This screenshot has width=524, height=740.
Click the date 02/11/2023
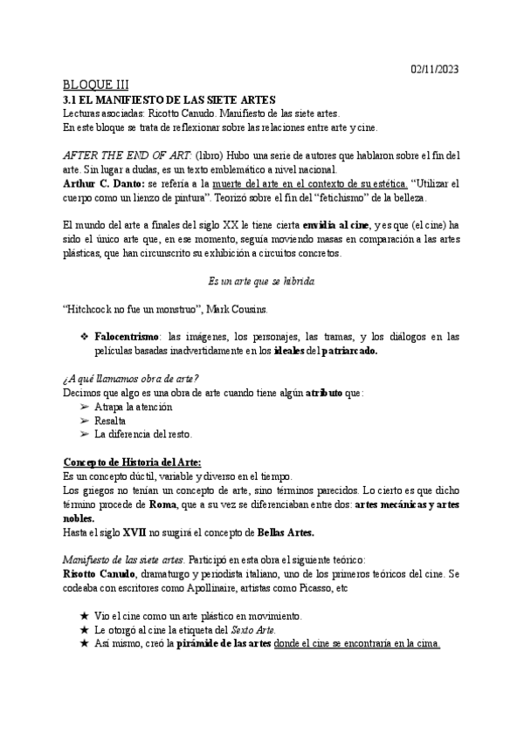click(x=434, y=70)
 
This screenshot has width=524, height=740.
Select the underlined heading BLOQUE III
click(x=96, y=86)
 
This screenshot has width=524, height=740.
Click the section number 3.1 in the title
click(x=72, y=99)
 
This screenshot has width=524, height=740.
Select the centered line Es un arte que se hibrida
click(x=261, y=283)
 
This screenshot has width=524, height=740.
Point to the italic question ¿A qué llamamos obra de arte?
click(x=131, y=379)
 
